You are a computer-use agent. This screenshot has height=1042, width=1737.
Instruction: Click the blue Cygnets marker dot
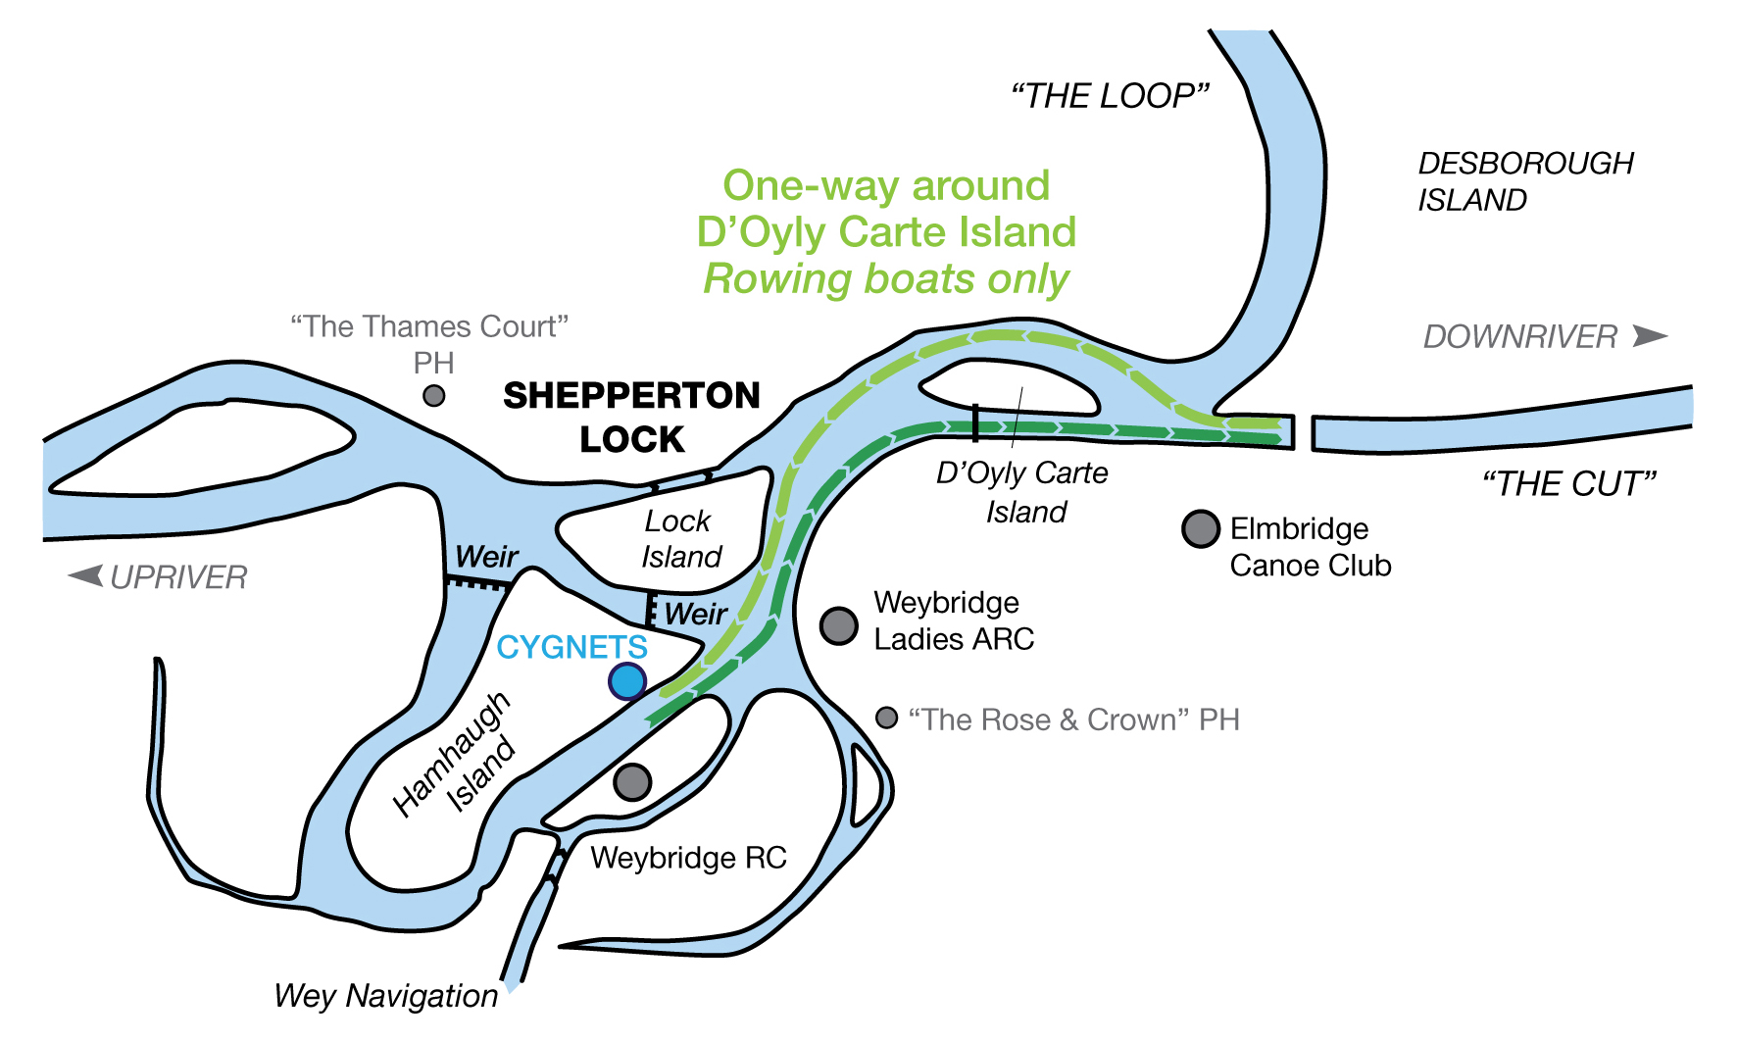pyautogui.click(x=627, y=680)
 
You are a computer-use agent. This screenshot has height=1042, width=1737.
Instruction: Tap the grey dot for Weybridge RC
pyautogui.click(x=632, y=781)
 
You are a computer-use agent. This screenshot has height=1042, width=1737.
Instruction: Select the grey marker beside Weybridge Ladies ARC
pyautogui.click(x=838, y=624)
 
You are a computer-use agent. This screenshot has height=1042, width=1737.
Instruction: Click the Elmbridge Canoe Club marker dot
pyautogui.click(x=1200, y=528)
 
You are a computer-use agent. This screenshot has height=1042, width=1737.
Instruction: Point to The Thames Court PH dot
pyautogui.click(x=433, y=396)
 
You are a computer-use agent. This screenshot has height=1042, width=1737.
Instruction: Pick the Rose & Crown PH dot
pyautogui.click(x=886, y=718)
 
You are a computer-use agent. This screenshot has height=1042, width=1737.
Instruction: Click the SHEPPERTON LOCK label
pyautogui.click(x=631, y=418)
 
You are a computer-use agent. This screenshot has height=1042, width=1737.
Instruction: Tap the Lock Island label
pyautogui.click(x=679, y=538)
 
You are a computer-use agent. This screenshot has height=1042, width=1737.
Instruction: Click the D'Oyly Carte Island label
pyautogui.click(x=1022, y=492)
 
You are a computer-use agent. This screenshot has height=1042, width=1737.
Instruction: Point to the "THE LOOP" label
pyautogui.click(x=1110, y=96)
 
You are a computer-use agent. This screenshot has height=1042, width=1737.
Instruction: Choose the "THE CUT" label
pyautogui.click(x=1568, y=484)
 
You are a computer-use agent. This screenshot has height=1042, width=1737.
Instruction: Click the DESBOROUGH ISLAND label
pyautogui.click(x=1525, y=181)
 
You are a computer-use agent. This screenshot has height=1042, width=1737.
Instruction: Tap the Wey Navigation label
pyautogui.click(x=385, y=996)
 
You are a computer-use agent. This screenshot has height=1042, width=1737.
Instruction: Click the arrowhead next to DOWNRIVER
pyautogui.click(x=1650, y=336)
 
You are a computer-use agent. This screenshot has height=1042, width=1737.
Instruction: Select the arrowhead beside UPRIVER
pyautogui.click(x=86, y=575)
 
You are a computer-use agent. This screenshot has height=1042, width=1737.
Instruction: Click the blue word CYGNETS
pyautogui.click(x=571, y=647)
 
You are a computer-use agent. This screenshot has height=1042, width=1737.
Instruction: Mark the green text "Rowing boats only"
pyautogui.click(x=886, y=279)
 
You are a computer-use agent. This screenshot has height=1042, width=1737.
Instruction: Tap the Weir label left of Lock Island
pyautogui.click(x=486, y=557)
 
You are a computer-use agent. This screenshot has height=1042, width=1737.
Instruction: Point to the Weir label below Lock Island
pyautogui.click(x=695, y=615)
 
